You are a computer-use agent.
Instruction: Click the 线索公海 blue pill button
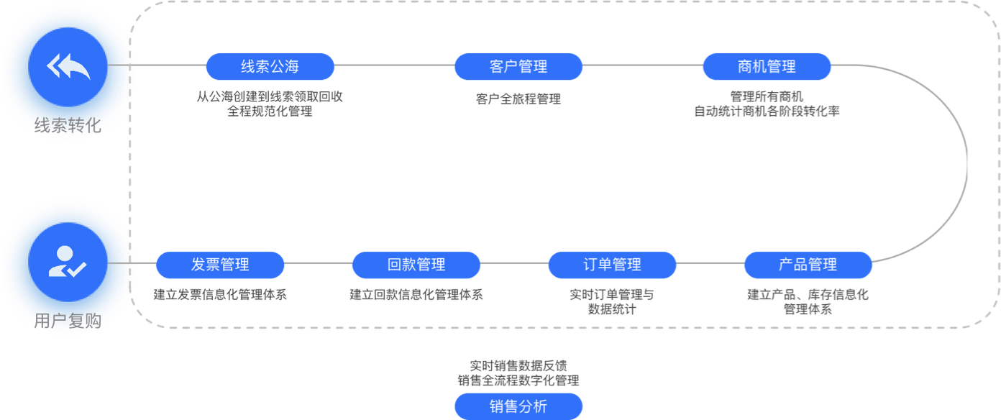click(270, 67)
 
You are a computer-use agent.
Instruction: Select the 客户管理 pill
click(518, 67)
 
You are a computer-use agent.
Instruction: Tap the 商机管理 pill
click(767, 67)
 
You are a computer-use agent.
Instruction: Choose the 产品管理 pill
click(808, 265)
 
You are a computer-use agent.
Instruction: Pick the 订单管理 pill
click(612, 265)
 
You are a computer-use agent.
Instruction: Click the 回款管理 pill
click(416, 265)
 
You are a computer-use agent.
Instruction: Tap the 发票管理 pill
click(220, 265)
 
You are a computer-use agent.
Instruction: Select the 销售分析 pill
click(518, 406)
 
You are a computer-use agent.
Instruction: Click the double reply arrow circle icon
click(68, 67)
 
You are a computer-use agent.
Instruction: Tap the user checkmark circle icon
click(68, 262)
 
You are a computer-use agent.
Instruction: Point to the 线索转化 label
click(68, 126)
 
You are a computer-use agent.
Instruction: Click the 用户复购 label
click(68, 321)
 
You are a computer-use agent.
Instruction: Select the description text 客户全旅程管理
click(518, 99)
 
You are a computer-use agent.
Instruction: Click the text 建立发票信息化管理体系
click(220, 294)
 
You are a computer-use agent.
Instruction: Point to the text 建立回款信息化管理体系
click(416, 294)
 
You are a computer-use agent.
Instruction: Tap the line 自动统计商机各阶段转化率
click(767, 111)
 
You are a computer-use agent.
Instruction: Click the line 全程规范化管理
click(270, 111)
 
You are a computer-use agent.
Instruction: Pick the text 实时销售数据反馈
click(518, 366)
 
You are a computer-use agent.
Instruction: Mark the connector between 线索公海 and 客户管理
click(395, 65)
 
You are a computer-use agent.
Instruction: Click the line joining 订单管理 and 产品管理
click(710, 263)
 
